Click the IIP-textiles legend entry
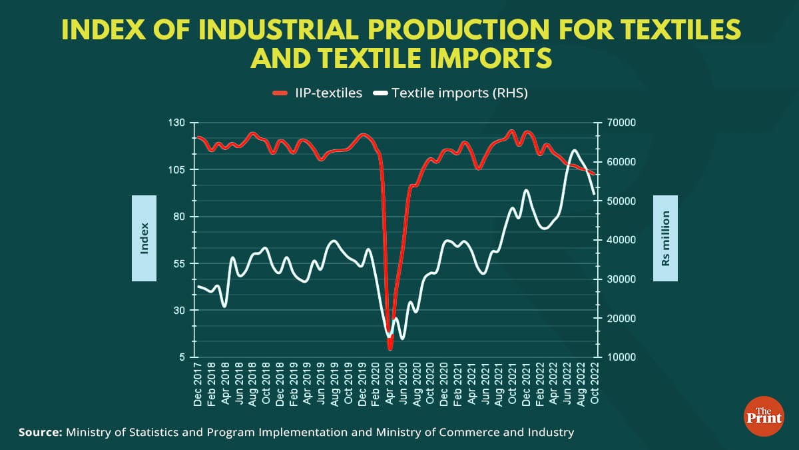(x=318, y=93)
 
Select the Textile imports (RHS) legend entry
(x=451, y=93)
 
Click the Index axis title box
(x=144, y=238)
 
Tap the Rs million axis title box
(x=665, y=238)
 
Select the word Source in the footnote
(x=39, y=433)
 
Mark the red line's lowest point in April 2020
(x=390, y=347)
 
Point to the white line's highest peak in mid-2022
(x=574, y=151)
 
